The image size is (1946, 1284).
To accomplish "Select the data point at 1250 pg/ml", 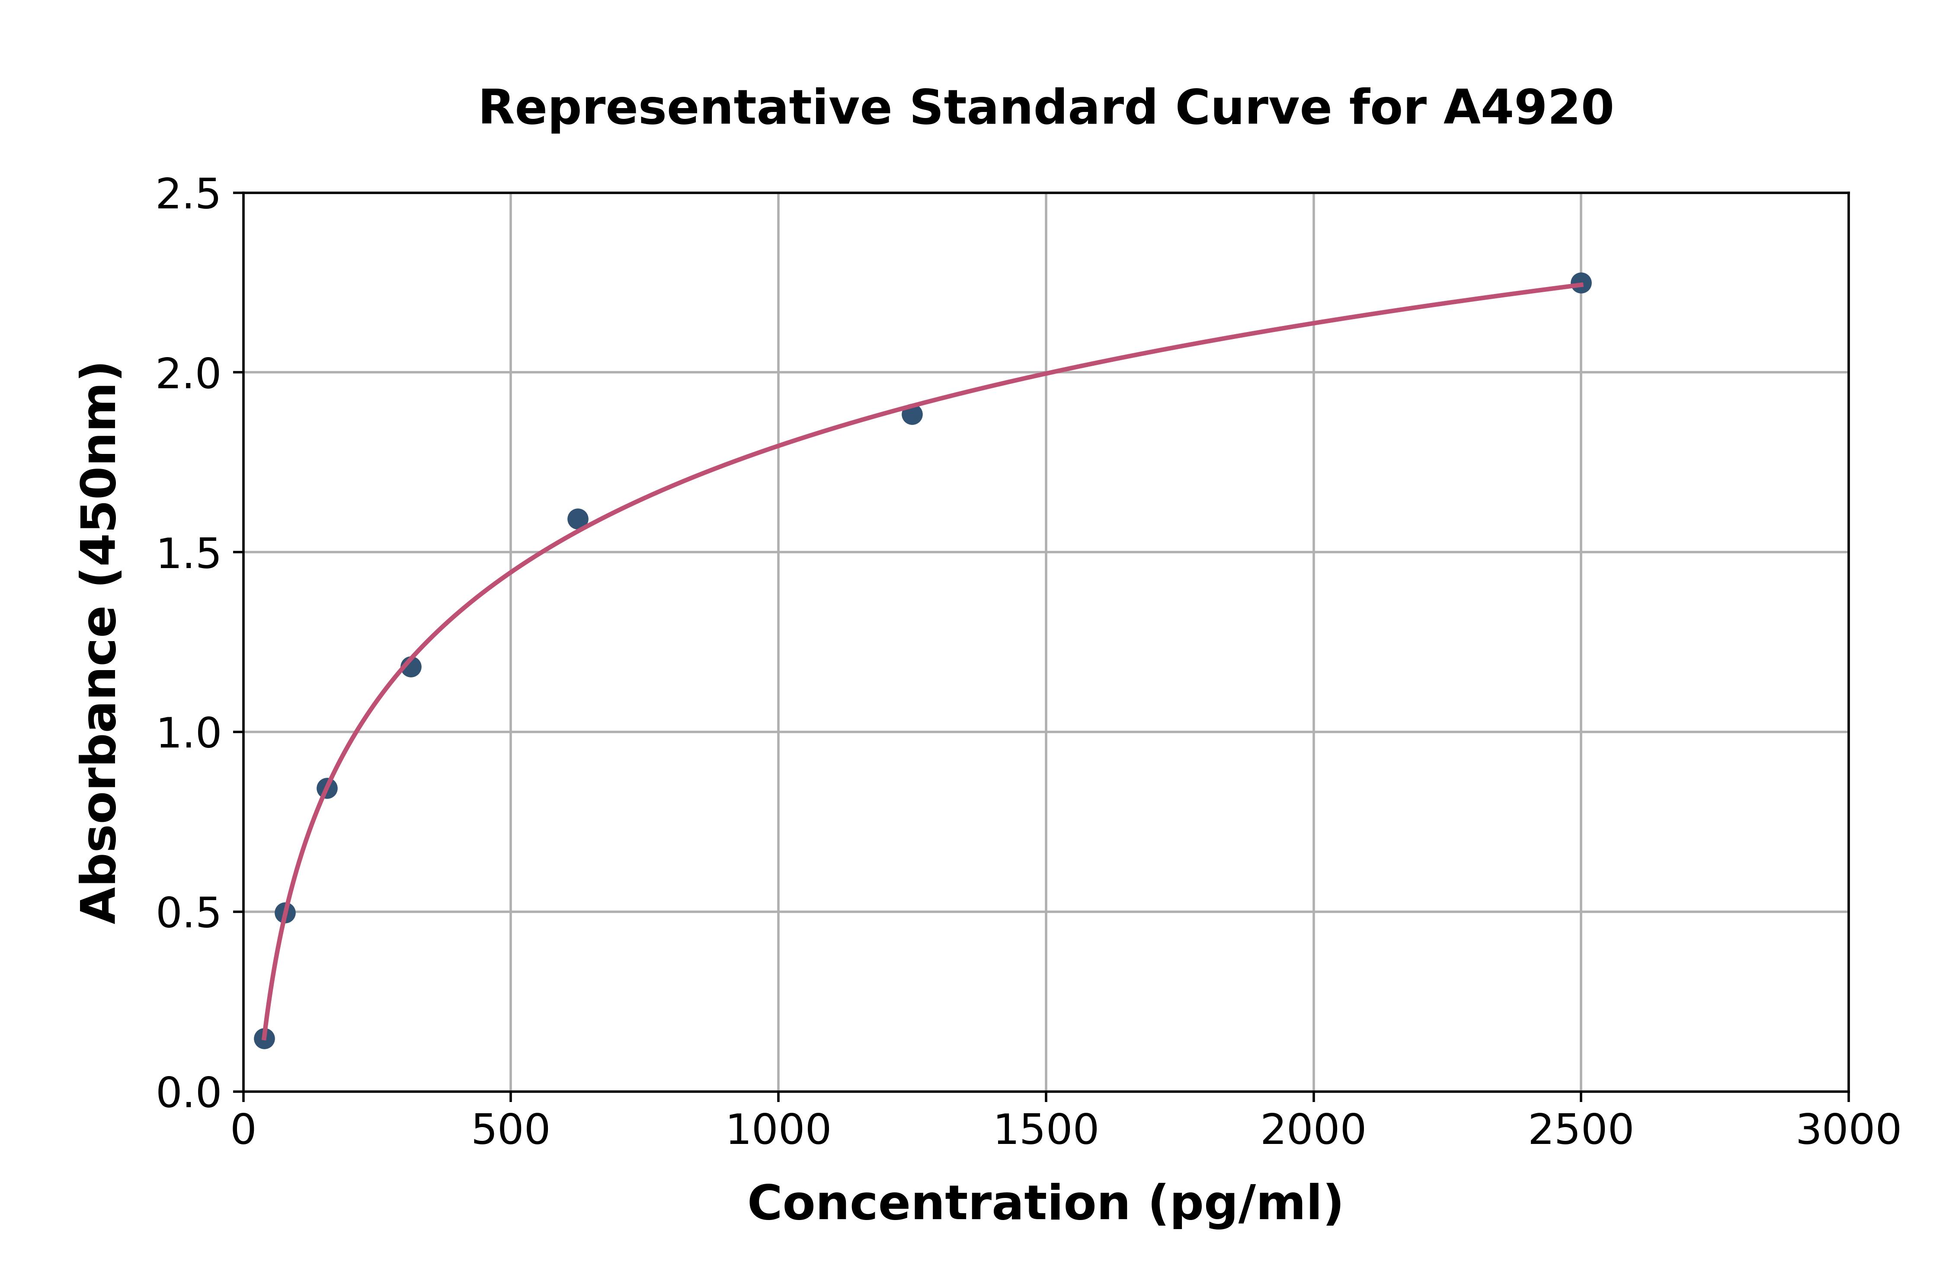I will [912, 414].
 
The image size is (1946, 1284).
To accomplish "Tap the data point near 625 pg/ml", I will [577, 518].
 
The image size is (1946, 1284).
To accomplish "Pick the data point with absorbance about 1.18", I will [410, 667].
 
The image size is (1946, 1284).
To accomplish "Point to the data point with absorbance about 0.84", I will [327, 788].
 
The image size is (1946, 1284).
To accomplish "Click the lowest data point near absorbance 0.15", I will [264, 1038].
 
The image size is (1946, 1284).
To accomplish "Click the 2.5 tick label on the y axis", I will [189, 195].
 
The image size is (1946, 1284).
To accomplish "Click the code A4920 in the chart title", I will [1527, 108].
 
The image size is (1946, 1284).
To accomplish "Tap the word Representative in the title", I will [685, 108].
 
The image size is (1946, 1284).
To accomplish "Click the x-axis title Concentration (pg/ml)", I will [1045, 1204].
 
